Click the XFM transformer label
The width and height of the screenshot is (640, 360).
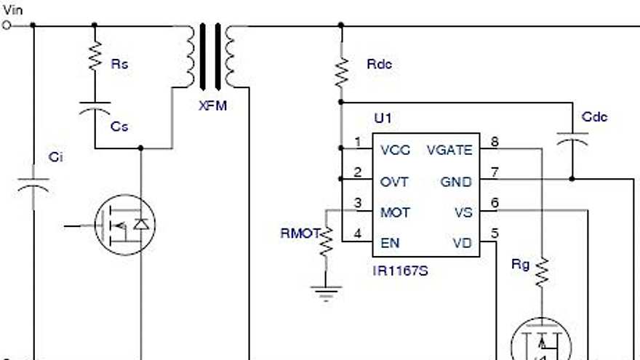213,105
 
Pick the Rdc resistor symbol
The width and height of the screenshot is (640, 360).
340,71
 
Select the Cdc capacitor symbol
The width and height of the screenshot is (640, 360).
572,138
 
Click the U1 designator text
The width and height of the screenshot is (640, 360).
383,118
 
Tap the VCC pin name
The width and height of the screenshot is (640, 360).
395,150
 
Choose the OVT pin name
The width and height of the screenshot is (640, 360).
394,181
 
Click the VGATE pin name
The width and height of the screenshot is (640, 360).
450,150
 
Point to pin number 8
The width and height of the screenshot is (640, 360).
495,141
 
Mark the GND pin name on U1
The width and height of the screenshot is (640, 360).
457,181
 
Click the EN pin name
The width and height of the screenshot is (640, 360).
390,243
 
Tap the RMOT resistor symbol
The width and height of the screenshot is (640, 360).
326,241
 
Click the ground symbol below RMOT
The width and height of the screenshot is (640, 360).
326,292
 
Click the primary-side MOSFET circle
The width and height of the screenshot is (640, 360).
126,224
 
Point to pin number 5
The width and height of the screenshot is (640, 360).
495,234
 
